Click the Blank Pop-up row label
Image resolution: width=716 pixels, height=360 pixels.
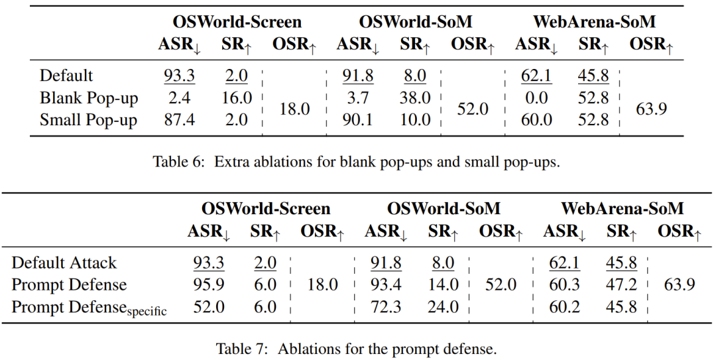coord(89,98)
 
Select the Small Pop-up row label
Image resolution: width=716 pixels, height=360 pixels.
coord(88,120)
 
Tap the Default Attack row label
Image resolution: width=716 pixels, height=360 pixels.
coord(64,263)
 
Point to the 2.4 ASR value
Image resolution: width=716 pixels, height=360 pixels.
coord(179,98)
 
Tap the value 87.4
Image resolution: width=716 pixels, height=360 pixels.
coord(179,120)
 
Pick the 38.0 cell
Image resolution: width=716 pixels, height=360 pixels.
coord(414,98)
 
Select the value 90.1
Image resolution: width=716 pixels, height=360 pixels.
coord(357,120)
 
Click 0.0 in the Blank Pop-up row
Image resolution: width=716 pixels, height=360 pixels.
coord(536,98)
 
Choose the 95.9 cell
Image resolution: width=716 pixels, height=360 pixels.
coord(208,285)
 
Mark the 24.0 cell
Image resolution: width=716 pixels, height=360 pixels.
coord(443,307)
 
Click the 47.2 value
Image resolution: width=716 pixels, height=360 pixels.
coord(621,285)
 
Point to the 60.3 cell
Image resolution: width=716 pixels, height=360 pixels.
coord(564,285)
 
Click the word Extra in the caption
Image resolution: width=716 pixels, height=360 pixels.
coord(229,162)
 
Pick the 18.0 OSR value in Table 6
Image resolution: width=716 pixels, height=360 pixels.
coord(294,109)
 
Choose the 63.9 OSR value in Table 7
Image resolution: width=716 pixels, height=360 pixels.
coord(679,285)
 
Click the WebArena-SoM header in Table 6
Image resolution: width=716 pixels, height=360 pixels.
coord(594,22)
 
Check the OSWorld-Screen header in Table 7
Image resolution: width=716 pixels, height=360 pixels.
coord(266,209)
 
